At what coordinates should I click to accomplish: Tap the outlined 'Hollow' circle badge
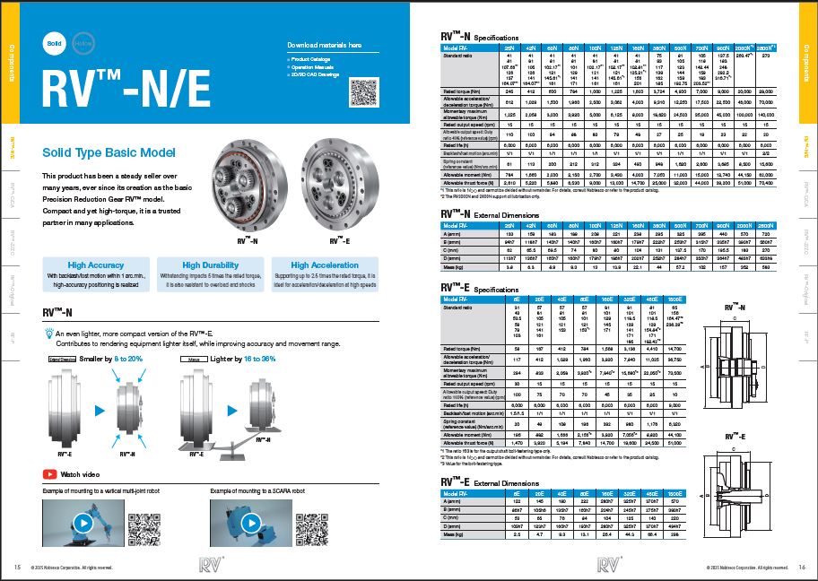pyautogui.click(x=83, y=42)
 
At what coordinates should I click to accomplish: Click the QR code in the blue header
pyautogui.click(x=363, y=93)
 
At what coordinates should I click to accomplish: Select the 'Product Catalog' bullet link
pyautogui.click(x=310, y=58)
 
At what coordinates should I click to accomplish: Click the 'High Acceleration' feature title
pyautogui.click(x=325, y=265)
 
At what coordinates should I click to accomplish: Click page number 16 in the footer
pyautogui.click(x=802, y=568)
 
